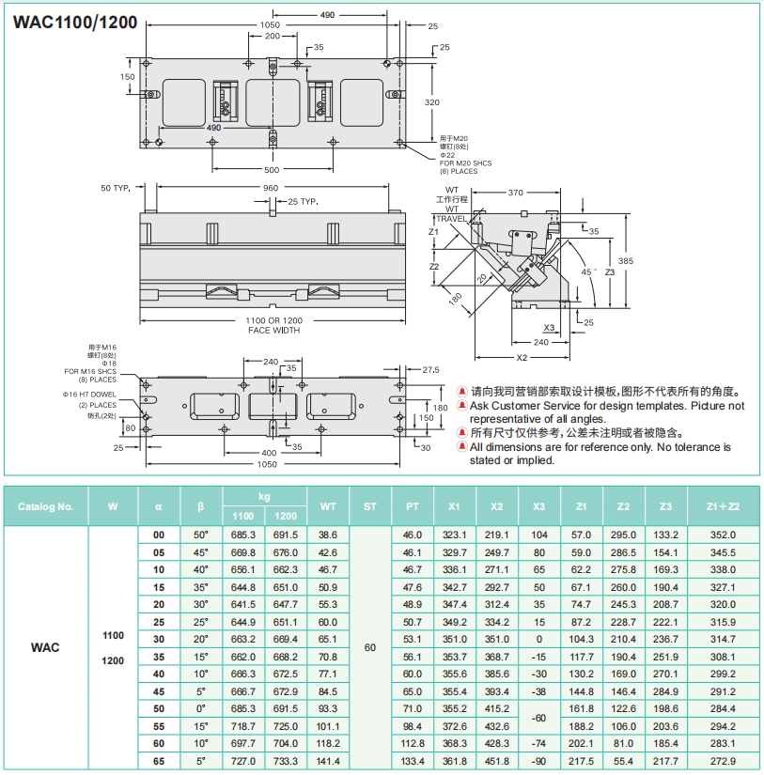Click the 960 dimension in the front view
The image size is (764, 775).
[x=271, y=188]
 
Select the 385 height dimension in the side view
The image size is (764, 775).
[x=626, y=260]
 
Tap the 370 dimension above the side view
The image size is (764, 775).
[x=515, y=193]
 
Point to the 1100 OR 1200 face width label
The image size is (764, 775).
[x=273, y=326]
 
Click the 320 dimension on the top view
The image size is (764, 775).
[x=432, y=101]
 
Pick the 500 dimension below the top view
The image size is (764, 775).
[x=271, y=171]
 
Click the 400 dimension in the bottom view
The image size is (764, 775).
[x=271, y=453]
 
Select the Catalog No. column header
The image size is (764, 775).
[x=45, y=506]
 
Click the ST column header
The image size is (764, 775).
[x=369, y=506]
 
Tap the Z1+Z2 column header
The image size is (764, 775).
[x=722, y=506]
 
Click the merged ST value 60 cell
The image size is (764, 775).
[x=369, y=647]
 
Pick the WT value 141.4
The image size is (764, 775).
[x=328, y=761]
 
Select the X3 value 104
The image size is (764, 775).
[x=538, y=535]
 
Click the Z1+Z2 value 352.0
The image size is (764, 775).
[x=722, y=535]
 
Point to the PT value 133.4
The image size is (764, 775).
[x=413, y=761]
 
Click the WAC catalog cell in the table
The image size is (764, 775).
[x=45, y=647]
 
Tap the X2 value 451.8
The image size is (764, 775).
[x=496, y=761]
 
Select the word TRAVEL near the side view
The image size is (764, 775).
[x=451, y=218]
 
